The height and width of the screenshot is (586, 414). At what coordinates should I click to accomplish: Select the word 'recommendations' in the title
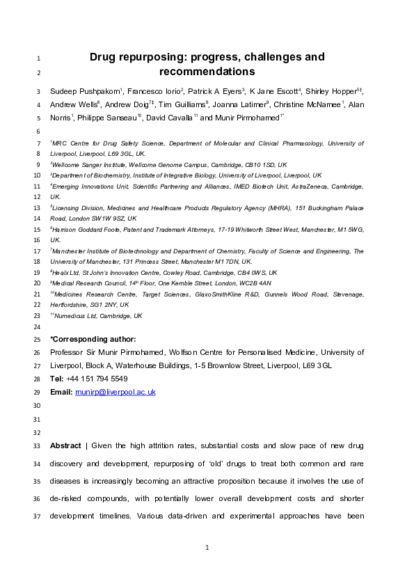[x=207, y=71]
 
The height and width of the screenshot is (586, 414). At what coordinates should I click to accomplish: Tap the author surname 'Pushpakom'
[x=100, y=90]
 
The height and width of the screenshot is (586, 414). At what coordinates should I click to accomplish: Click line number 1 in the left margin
[x=38, y=58]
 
